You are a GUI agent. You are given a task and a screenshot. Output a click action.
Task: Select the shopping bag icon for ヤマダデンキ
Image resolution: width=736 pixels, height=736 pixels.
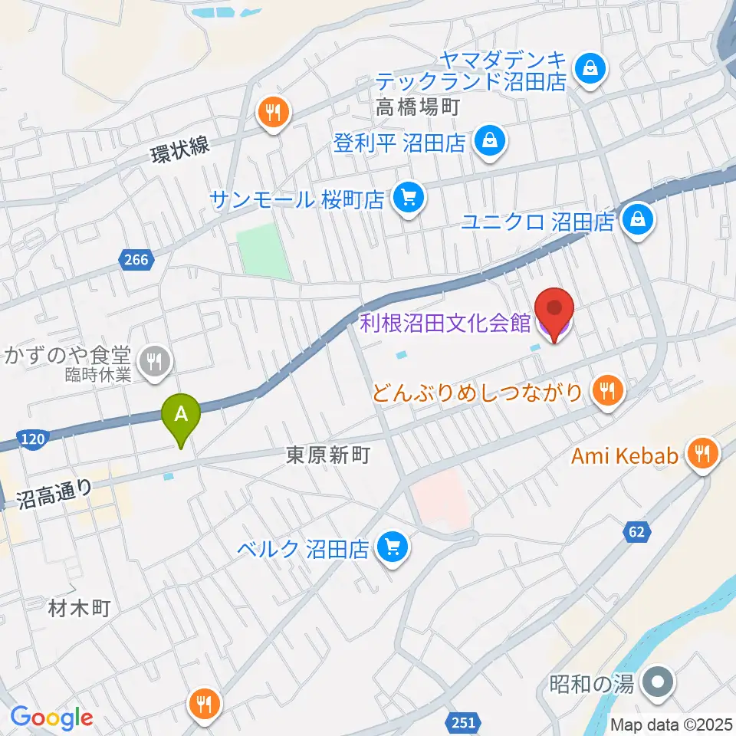tap(591, 70)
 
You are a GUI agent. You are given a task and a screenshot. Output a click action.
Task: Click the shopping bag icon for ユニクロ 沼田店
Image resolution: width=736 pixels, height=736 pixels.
tap(637, 221)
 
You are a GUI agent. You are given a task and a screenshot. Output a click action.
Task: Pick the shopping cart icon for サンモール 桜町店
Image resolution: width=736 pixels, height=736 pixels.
tap(406, 199)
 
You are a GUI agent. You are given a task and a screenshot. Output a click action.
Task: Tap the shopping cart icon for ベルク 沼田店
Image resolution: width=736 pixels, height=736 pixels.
tap(394, 547)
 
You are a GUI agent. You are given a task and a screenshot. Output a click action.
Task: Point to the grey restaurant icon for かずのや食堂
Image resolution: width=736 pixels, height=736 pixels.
tap(156, 361)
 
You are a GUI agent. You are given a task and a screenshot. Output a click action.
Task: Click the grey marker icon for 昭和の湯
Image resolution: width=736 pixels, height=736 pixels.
tap(657, 682)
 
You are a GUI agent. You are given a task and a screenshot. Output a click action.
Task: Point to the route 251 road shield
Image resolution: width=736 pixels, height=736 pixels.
tap(462, 721)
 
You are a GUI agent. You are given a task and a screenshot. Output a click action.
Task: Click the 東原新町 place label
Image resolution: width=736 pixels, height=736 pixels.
tap(328, 455)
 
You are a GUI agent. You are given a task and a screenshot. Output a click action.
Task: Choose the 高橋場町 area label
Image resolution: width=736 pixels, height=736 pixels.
tap(417, 108)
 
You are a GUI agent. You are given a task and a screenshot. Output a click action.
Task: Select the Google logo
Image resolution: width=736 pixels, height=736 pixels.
tap(51, 718)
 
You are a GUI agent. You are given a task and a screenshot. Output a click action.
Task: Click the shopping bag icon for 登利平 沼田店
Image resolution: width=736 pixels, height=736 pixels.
tap(488, 141)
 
